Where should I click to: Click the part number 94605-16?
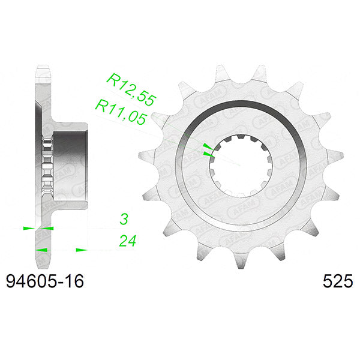(44, 280)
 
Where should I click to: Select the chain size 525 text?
(337, 280)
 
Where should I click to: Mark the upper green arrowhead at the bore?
(207, 146)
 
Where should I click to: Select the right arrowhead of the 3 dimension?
(48, 229)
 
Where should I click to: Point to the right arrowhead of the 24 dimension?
(81, 249)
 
